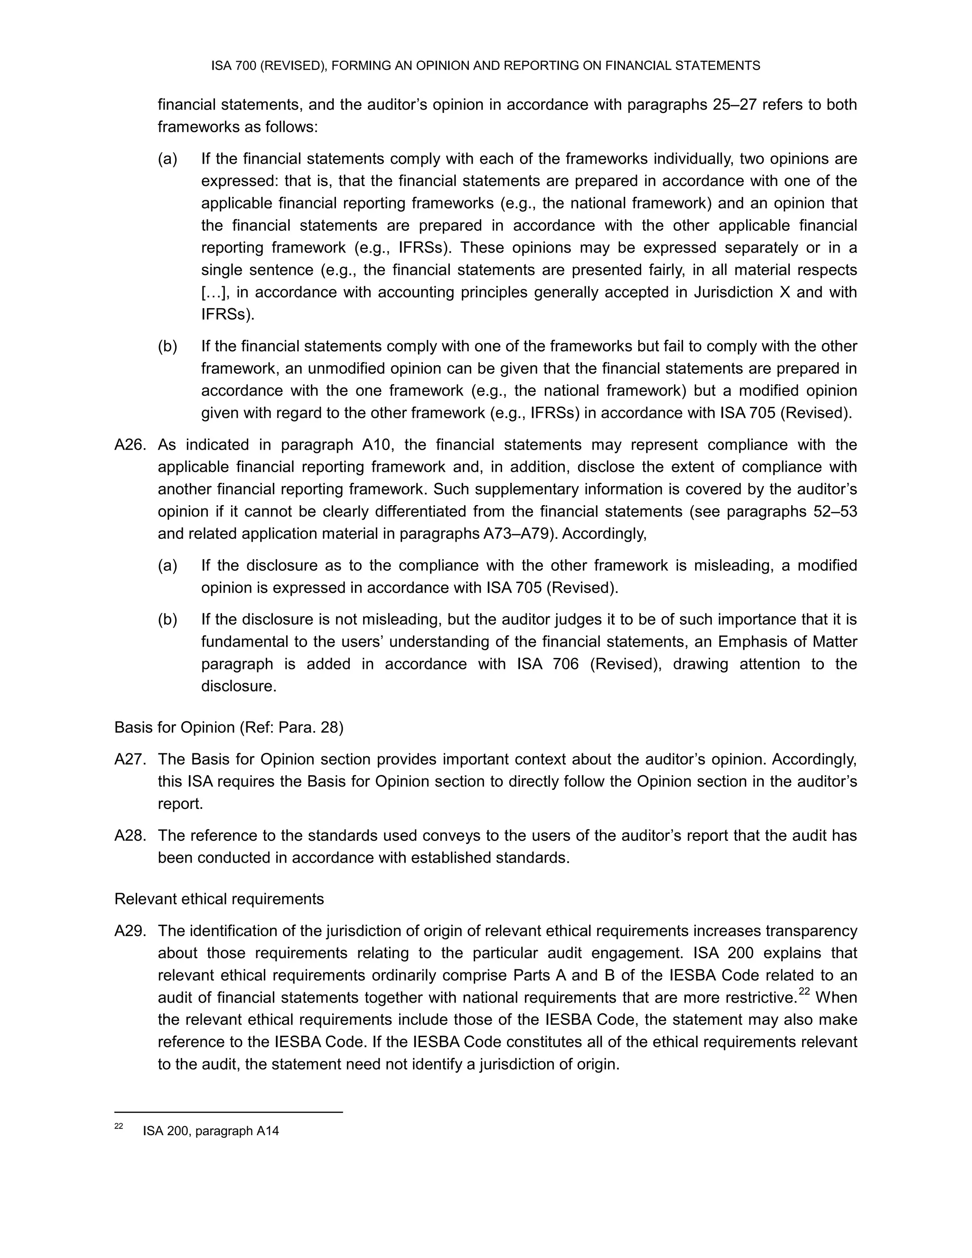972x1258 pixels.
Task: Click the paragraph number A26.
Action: (131, 445)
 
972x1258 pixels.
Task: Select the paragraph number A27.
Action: (131, 760)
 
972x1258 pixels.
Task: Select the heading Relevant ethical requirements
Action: (219, 899)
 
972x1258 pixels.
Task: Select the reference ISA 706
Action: (548, 664)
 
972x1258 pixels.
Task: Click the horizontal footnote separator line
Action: (229, 1112)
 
